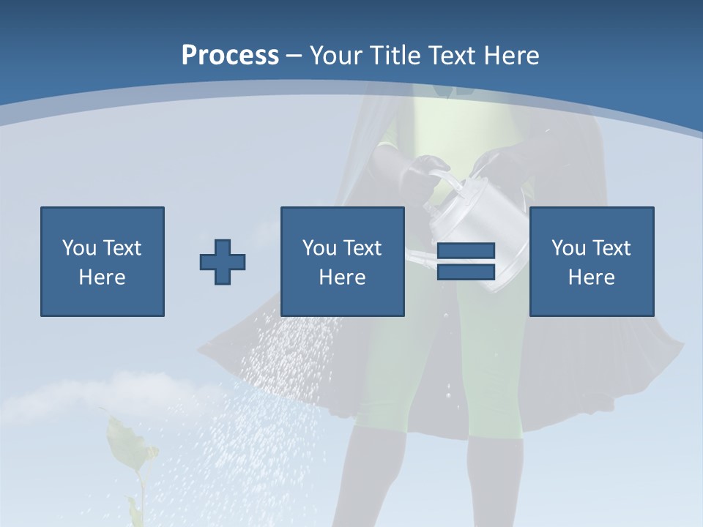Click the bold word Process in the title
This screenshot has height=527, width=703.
tap(230, 56)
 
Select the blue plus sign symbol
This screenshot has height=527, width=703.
tap(223, 261)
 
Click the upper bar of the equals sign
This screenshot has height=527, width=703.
tap(466, 251)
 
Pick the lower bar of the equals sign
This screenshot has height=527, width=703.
tap(466, 272)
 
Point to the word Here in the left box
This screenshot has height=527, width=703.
tap(102, 277)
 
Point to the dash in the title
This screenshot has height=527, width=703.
tap(294, 56)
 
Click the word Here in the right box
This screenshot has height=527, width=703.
tap(591, 277)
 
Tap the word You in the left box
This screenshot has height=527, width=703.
tap(79, 248)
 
